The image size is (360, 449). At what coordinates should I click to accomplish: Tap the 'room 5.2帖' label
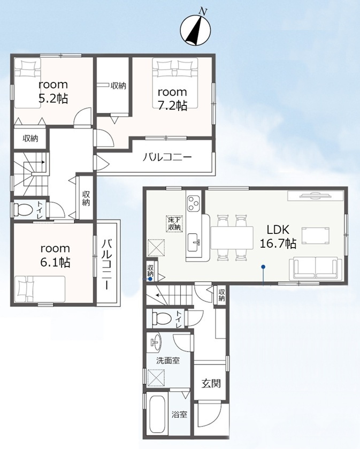click(53, 92)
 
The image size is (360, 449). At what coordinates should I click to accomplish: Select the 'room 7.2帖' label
click(172, 99)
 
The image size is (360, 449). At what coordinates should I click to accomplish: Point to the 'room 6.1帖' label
click(55, 255)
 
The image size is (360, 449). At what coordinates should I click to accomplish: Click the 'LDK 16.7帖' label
click(278, 236)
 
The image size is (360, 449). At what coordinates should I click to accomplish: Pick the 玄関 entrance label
click(211, 383)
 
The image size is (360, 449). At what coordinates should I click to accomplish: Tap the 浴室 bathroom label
click(179, 414)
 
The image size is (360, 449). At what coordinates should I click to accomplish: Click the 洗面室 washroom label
click(168, 360)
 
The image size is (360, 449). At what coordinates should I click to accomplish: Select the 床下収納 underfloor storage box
click(174, 224)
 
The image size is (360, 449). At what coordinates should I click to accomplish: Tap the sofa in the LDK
click(316, 269)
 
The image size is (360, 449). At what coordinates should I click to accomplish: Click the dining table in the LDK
click(232, 238)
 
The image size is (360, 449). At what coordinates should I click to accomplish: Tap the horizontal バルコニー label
click(167, 157)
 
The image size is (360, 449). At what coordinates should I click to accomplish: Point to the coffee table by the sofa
click(315, 235)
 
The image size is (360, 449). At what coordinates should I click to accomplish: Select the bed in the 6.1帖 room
click(40, 288)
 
